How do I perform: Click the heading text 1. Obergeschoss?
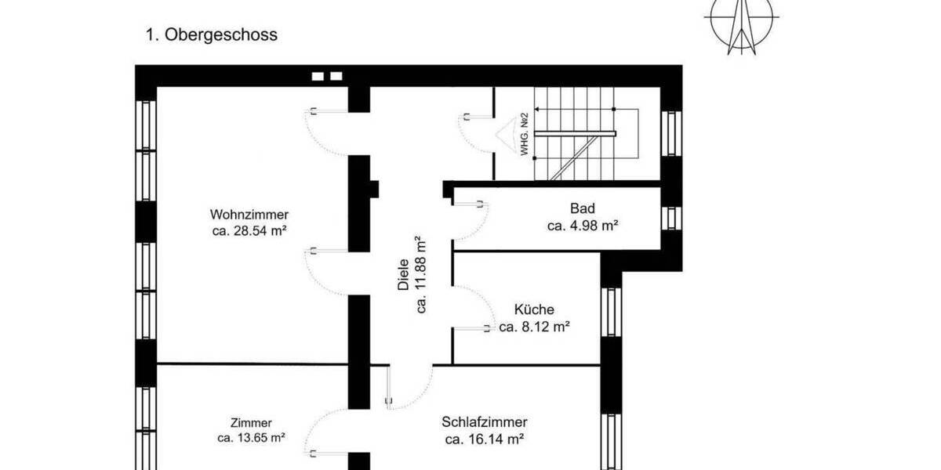click(x=211, y=35)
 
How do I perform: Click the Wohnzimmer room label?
click(x=249, y=215)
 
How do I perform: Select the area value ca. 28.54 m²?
click(x=249, y=231)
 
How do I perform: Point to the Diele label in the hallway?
click(x=404, y=276)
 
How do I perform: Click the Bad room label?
click(x=583, y=209)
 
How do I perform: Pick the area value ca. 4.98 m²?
click(x=583, y=226)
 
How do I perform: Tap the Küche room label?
click(x=534, y=310)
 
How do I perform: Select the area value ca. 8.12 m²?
click(x=534, y=327)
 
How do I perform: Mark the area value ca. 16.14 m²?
click(x=484, y=439)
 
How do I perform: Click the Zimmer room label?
click(x=251, y=423)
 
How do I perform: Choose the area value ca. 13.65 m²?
click(x=251, y=439)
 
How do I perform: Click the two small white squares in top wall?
click(x=328, y=76)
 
